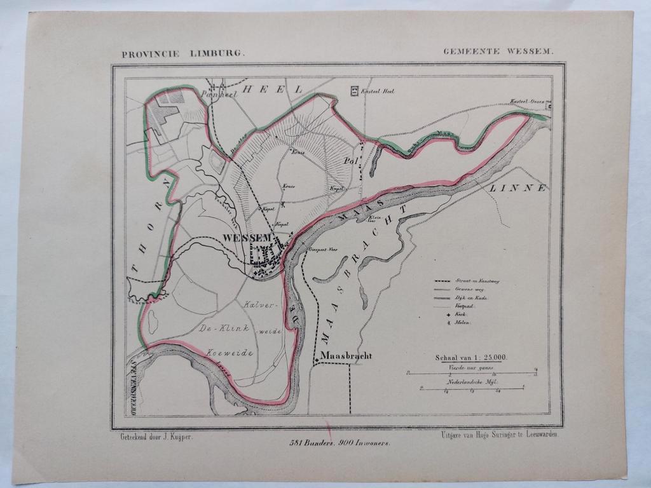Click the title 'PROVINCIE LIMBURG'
point(183,55)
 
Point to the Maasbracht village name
point(346,356)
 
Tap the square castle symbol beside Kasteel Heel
point(353,91)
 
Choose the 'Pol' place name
point(350,161)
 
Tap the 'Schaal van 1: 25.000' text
point(471,358)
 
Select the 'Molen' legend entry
point(462,323)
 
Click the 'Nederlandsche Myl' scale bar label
point(471,382)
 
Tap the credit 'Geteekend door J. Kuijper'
point(156,437)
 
